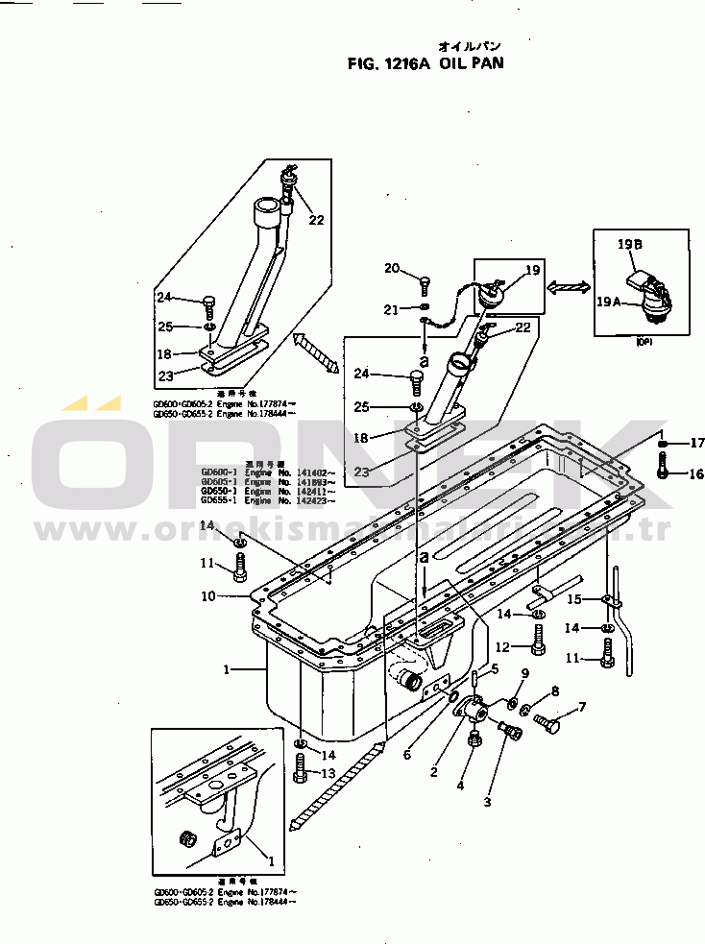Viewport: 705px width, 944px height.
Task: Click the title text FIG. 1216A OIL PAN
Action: tap(425, 64)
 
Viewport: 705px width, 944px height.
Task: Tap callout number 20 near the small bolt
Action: tap(392, 268)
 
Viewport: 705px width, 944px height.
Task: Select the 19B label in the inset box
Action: tap(630, 245)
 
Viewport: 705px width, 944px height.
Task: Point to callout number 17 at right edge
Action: tap(696, 443)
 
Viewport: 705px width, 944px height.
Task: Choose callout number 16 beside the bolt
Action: tap(695, 473)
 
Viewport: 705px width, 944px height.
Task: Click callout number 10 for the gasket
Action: tap(207, 596)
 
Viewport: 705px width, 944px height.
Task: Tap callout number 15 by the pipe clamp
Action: tap(573, 599)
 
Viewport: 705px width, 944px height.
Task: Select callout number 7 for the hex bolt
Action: tap(580, 708)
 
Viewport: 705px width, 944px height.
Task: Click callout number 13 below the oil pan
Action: tap(328, 774)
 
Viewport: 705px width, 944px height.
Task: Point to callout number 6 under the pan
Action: tap(407, 755)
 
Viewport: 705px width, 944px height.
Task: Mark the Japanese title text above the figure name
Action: tap(470, 45)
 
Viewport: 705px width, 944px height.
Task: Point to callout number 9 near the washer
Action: tap(525, 674)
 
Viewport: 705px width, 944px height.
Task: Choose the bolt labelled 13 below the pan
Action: tap(301, 769)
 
